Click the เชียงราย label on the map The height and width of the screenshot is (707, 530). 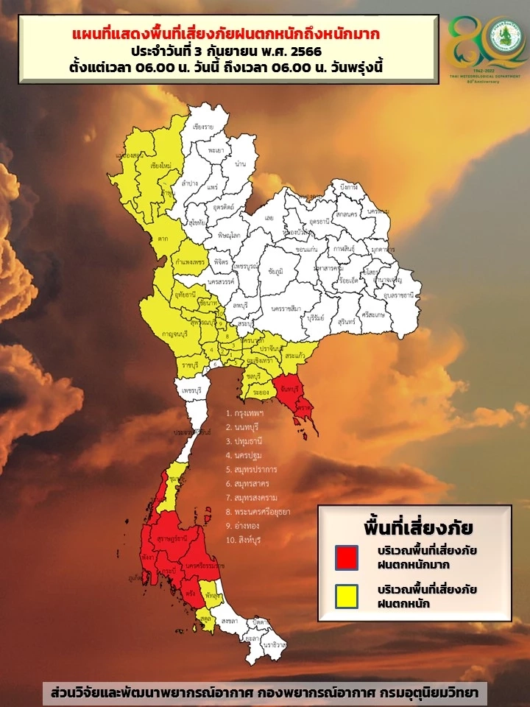[x=203, y=127]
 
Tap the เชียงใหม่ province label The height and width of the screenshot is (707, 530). [x=160, y=166]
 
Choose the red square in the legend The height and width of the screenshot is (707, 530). [x=346, y=557]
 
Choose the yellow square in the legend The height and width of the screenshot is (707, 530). [x=346, y=596]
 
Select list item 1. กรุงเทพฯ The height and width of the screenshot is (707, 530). [x=245, y=414]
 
